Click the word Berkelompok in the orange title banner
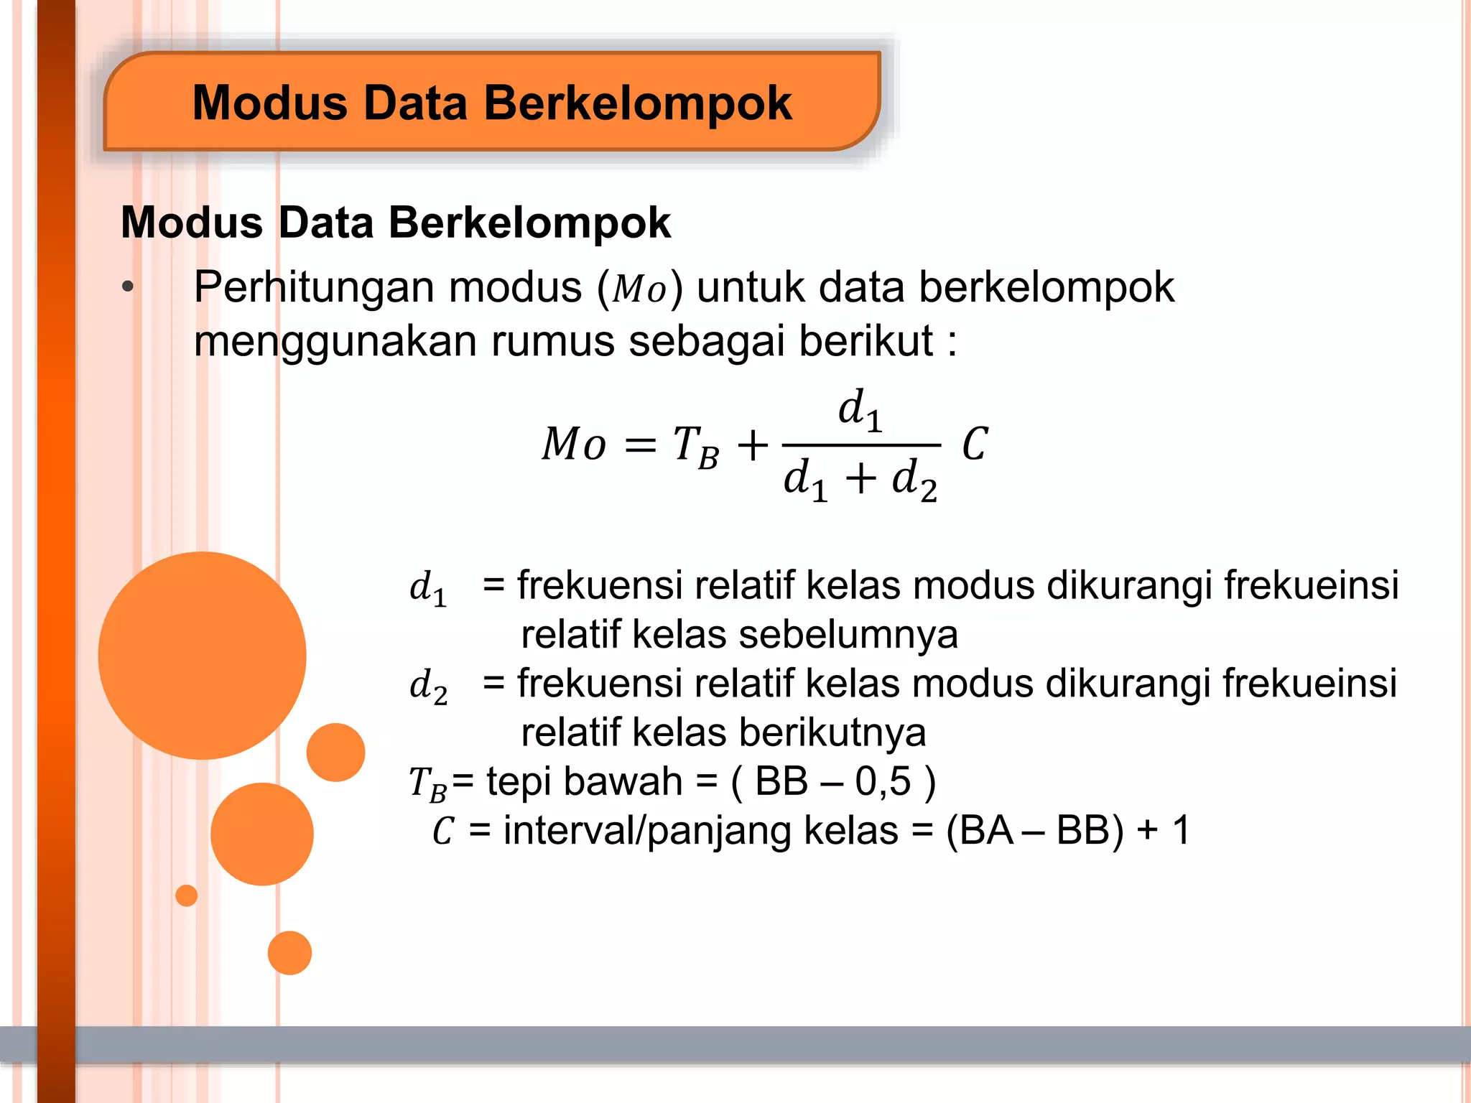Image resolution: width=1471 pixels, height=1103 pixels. coord(638,103)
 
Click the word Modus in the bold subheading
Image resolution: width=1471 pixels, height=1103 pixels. coord(192,223)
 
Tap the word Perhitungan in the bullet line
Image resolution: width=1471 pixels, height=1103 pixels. coord(314,288)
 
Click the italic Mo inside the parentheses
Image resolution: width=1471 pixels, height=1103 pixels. coord(639,289)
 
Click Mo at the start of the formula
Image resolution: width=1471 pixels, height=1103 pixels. coord(573,444)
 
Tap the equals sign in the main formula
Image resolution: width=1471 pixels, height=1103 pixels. coord(640,445)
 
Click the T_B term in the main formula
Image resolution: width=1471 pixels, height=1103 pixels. coord(695,447)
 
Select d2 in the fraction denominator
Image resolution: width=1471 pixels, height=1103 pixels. coord(914,480)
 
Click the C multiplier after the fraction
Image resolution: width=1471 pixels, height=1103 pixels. coord(975,444)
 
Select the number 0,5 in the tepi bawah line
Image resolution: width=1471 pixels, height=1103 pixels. coord(883,781)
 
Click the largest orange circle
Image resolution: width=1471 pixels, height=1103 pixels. coord(203,655)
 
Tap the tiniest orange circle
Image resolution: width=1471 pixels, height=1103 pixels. coord(186,895)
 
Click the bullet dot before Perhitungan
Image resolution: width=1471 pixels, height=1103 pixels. coord(128,287)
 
